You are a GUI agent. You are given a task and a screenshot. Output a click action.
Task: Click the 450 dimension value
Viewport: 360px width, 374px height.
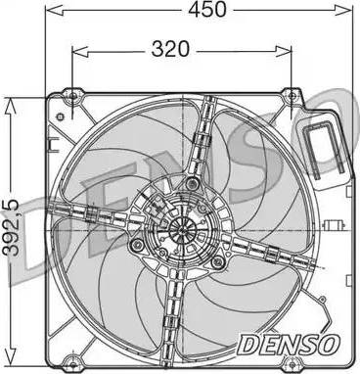click(207, 9)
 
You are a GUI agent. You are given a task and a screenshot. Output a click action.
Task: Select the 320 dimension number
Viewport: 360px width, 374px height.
click(170, 49)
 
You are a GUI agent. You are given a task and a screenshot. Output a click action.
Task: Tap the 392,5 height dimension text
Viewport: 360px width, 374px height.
click(11, 227)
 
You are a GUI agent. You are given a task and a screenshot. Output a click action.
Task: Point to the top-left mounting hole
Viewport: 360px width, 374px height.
click(73, 96)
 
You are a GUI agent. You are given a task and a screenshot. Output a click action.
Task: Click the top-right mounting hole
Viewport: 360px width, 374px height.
click(292, 96)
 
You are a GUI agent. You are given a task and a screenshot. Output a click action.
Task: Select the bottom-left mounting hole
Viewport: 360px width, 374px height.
click(72, 364)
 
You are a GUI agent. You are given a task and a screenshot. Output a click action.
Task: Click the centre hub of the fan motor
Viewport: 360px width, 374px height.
click(183, 230)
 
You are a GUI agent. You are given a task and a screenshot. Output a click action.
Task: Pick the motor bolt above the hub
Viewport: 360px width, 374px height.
click(192, 183)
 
